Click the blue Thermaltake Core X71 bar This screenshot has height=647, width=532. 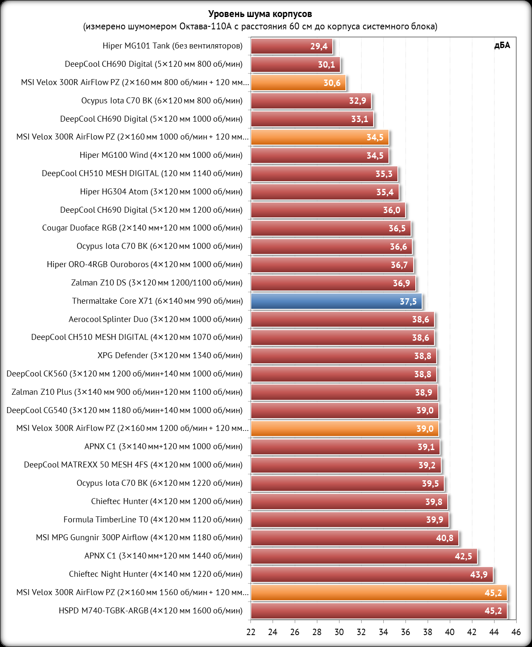coord(336,301)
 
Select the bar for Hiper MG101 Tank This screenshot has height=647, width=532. coord(291,46)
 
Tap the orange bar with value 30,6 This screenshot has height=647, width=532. coord(298,83)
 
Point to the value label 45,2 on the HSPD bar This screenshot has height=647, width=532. coord(493,611)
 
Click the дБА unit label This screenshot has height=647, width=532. coord(502,46)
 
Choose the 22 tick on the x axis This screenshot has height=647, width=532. coord(251,632)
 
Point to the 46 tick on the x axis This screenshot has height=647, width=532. coord(516,632)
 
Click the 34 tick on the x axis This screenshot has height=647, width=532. coord(383,632)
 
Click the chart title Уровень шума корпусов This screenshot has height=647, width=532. coord(260,14)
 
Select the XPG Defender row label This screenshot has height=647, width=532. coord(170,356)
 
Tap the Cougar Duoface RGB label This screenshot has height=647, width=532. coord(142,228)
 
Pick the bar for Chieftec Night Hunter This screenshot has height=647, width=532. coord(371,575)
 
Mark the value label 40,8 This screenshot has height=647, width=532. coord(444,538)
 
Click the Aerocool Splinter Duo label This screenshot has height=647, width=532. coord(155,319)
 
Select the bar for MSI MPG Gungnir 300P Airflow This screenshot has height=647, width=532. coord(354,538)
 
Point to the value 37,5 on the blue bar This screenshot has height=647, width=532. coord(408,302)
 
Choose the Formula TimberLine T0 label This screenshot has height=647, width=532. coord(153,520)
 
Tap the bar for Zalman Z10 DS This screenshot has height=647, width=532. coord(333,283)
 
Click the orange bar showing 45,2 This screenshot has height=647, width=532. coord(379,593)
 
